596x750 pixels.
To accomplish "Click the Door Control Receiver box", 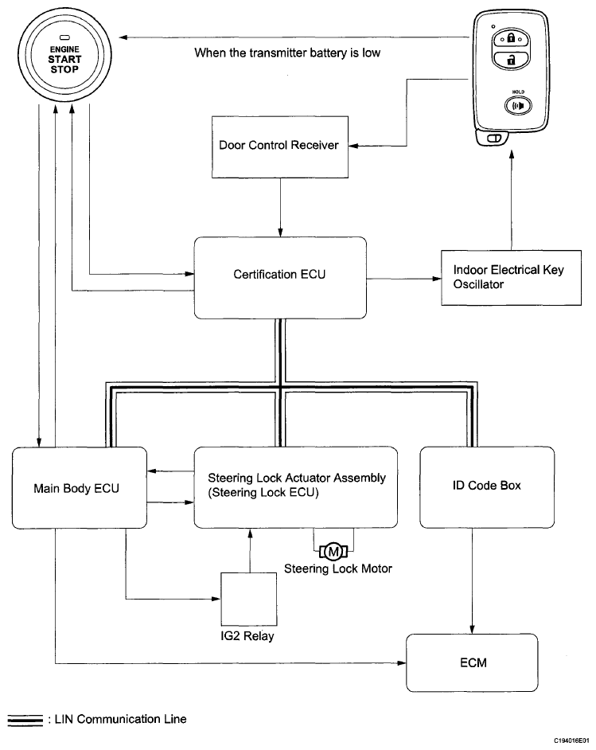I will pyautogui.click(x=280, y=146).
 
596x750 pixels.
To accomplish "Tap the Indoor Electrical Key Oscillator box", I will pyautogui.click(x=510, y=276).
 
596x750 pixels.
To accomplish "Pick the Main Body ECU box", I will pyautogui.click(x=80, y=487).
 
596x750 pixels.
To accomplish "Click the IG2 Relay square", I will pyautogui.click(x=248, y=599).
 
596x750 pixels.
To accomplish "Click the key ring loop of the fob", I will pyautogui.click(x=493, y=139).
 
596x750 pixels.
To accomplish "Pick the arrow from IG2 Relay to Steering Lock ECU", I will pyautogui.click(x=249, y=549).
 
